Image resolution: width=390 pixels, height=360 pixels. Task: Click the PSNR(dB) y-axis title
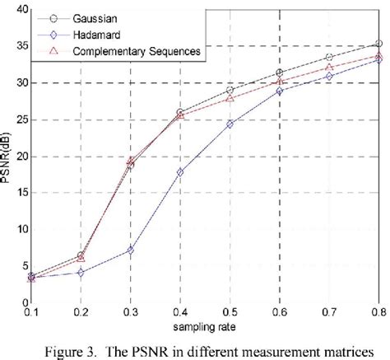[x=7, y=157]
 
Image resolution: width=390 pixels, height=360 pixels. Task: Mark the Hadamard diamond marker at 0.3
[x=130, y=250]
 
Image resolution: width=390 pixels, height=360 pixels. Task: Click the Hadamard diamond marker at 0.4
[x=180, y=172]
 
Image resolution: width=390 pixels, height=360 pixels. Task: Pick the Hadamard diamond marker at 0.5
[x=230, y=124]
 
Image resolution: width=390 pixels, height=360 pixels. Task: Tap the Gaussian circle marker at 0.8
[x=378, y=44]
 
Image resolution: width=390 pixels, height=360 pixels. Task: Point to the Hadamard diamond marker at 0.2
[x=81, y=272]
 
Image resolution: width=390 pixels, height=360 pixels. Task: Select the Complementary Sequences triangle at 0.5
[x=230, y=99]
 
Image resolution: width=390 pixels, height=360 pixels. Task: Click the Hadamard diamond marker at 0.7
[x=329, y=77]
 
